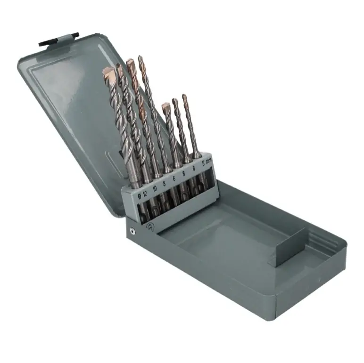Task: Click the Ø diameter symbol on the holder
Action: coord(139,196)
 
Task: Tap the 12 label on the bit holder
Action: coord(145,194)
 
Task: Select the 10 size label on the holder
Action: coord(155,188)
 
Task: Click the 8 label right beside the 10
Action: coord(165,184)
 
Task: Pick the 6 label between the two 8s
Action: coord(174,178)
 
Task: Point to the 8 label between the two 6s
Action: coord(184,174)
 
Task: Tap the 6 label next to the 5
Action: coord(194,168)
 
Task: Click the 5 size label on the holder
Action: coord(204,164)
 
